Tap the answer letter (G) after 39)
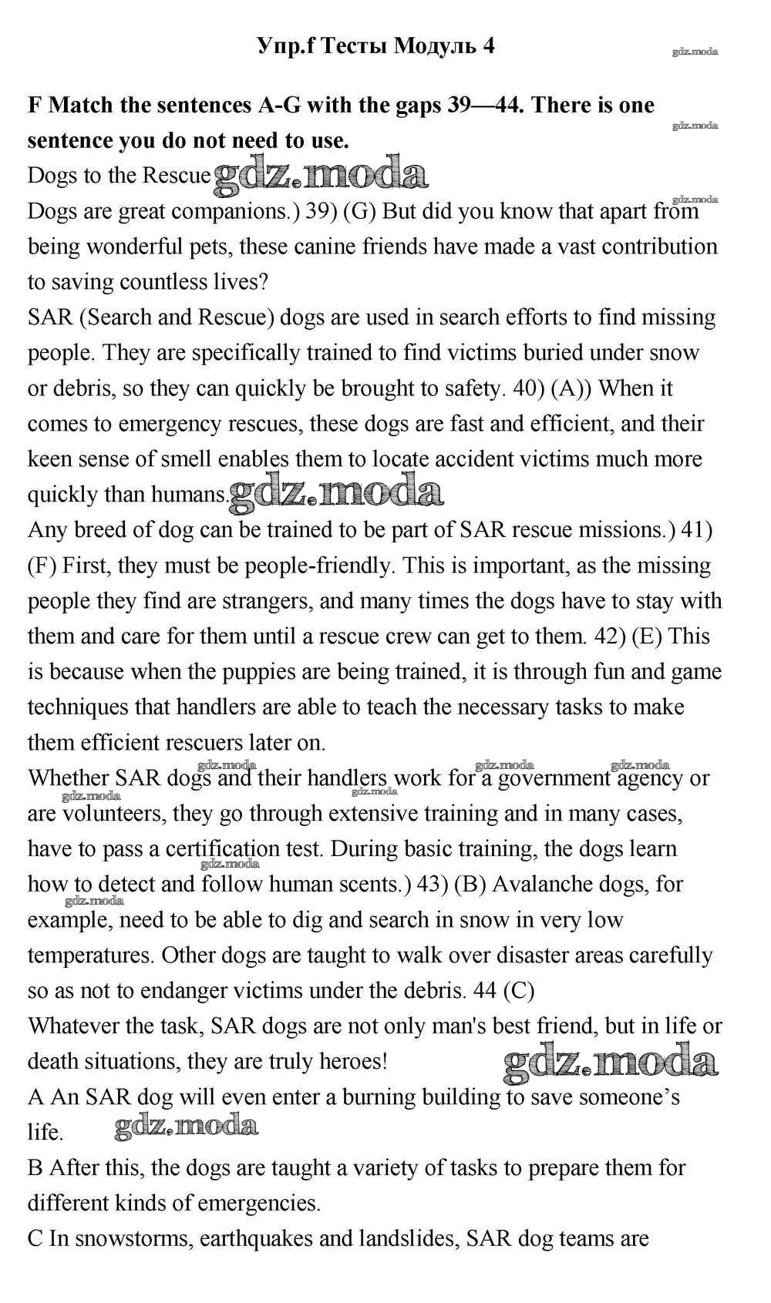tap(359, 211)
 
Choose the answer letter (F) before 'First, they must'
tap(42, 566)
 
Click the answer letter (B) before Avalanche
tap(470, 885)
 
